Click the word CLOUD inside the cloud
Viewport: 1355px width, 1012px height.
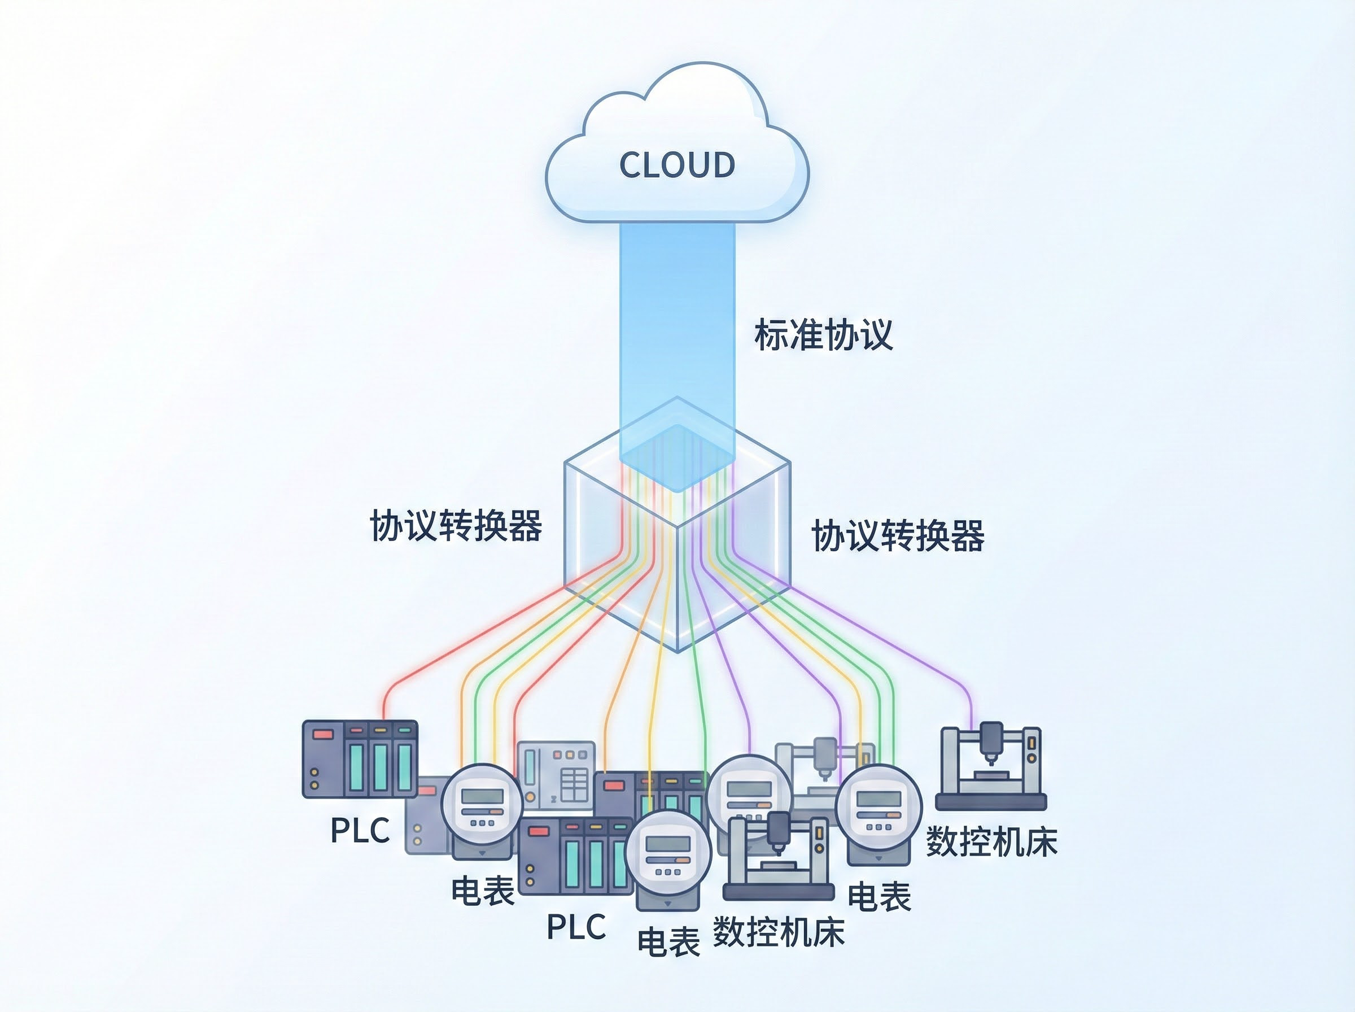pos(677,165)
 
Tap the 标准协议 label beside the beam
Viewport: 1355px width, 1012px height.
pos(824,334)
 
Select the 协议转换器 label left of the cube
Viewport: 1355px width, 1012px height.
pos(456,525)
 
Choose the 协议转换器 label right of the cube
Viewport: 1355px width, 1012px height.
pos(898,535)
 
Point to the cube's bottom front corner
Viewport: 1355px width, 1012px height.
pos(677,651)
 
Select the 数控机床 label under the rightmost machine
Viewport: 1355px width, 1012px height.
pos(991,841)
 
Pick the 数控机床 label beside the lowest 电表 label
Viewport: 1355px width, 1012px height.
pos(779,932)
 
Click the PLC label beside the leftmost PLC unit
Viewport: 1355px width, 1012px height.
pos(360,831)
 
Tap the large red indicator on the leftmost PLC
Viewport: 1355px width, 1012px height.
pos(324,734)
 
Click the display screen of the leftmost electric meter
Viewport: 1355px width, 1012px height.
pos(483,796)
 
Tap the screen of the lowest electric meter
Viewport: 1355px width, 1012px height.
pos(668,844)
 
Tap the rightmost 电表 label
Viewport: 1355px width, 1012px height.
pos(879,897)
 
